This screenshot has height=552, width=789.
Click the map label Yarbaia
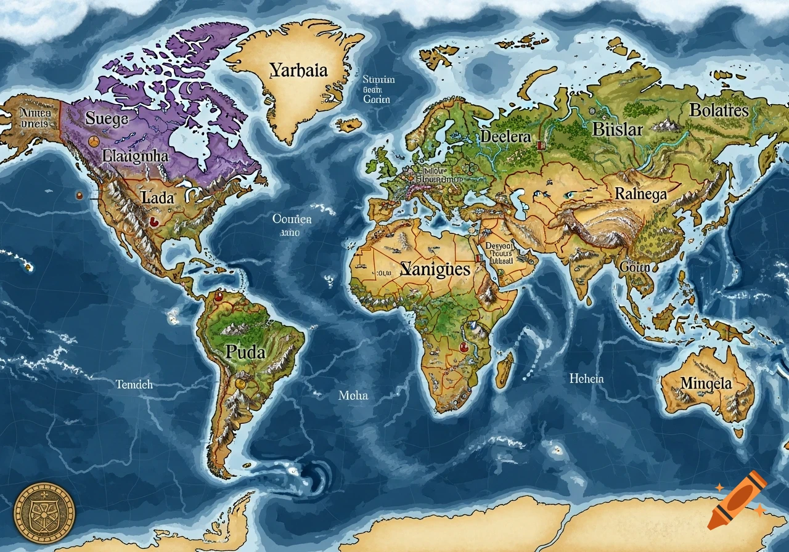pyautogui.click(x=298, y=70)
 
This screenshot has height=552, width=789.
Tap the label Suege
pyautogui.click(x=107, y=118)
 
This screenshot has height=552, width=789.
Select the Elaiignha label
pyautogui.click(x=136, y=155)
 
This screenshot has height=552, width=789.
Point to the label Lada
pyautogui.click(x=158, y=198)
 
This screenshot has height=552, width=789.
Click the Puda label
pyautogui.click(x=245, y=352)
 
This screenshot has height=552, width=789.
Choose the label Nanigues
pyautogui.click(x=435, y=269)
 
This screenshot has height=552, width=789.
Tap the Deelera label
pyautogui.click(x=505, y=136)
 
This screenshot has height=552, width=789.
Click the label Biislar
pyautogui.click(x=617, y=129)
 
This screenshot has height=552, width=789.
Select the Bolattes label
pyautogui.click(x=719, y=111)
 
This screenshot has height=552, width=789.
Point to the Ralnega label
pyautogui.click(x=641, y=194)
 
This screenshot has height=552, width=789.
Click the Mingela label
pyautogui.click(x=706, y=383)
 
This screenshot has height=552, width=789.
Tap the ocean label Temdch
pyautogui.click(x=134, y=384)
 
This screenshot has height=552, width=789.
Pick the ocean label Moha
pyautogui.click(x=353, y=396)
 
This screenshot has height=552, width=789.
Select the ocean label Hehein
pyautogui.click(x=587, y=378)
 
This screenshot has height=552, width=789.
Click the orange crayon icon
pyautogui.click(x=737, y=500)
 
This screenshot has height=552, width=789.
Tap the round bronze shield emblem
pyautogui.click(x=44, y=513)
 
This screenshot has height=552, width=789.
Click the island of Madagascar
pyautogui.click(x=505, y=369)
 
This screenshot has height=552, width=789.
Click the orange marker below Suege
pyautogui.click(x=93, y=142)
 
